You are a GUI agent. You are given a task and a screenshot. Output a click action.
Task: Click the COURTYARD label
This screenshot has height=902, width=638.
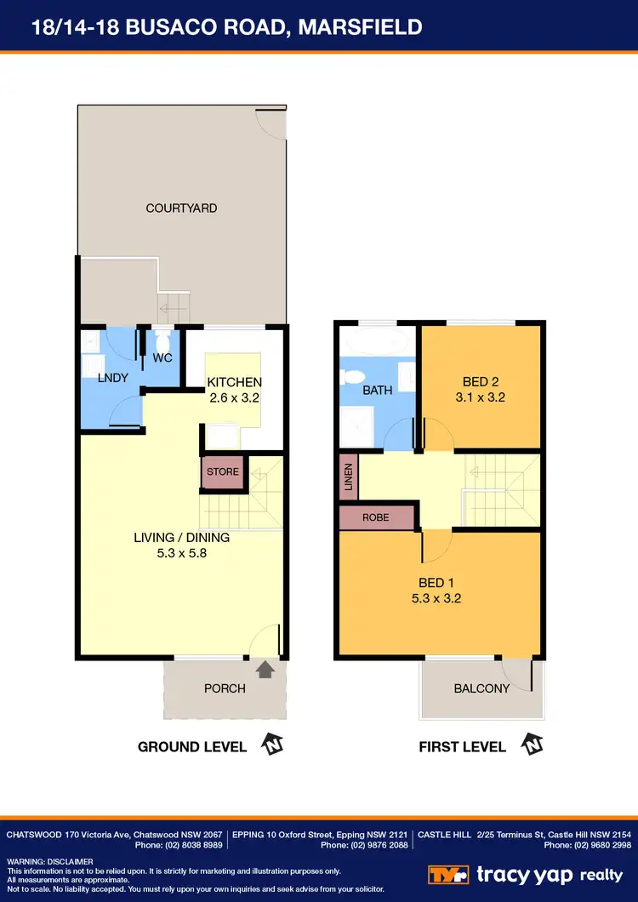[x=181, y=208]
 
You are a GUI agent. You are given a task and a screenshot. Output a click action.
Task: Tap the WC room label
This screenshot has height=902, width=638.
[x=162, y=358]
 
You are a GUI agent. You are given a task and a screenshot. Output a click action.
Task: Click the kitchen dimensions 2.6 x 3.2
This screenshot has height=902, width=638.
[x=234, y=397]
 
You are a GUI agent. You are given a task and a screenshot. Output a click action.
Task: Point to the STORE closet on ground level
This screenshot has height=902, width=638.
[x=223, y=472]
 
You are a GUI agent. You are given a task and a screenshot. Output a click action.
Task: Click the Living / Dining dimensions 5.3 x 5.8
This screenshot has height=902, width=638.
[x=181, y=552]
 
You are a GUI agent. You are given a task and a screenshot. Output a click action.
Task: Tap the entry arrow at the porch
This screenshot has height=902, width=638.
[x=265, y=671]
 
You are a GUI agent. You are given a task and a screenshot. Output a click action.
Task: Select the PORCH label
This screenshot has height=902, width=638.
[x=225, y=688]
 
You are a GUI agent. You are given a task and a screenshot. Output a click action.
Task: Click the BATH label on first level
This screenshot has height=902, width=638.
[x=377, y=391]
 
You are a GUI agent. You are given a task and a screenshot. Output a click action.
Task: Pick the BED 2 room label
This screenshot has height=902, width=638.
[x=481, y=381]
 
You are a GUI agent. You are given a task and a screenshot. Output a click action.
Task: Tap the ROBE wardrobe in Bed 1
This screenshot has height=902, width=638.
[x=375, y=517]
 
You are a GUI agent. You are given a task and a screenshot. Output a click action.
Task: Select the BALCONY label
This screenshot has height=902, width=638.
[x=481, y=688]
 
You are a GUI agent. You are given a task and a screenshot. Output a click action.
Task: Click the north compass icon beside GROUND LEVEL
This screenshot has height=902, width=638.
[x=272, y=745]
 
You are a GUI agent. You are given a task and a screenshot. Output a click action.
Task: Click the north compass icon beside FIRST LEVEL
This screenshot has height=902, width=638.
[x=532, y=745]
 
